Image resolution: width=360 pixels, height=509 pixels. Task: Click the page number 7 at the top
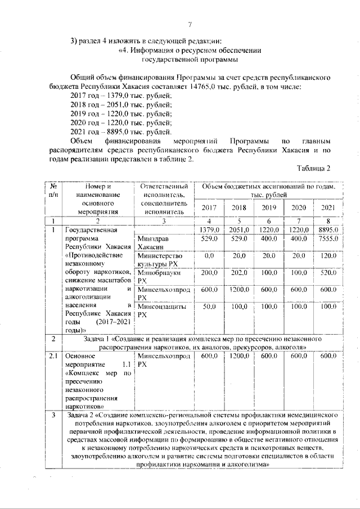(x=190, y=24)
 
